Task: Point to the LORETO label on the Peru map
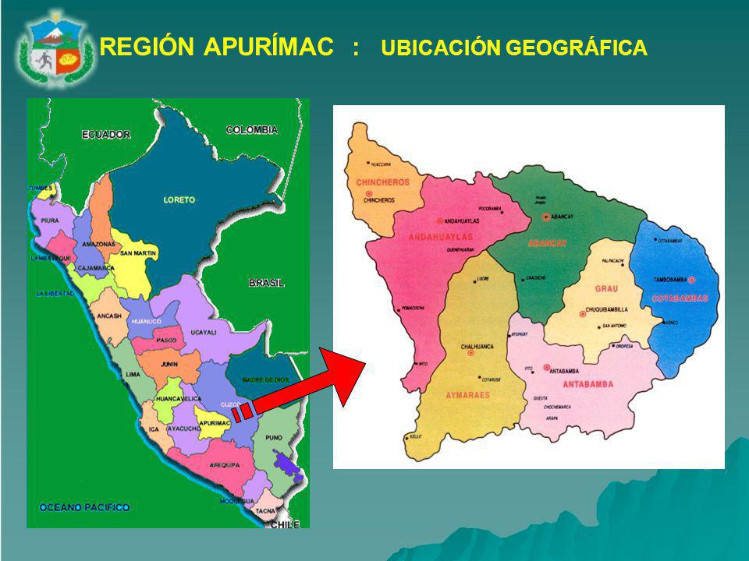pos(179,199)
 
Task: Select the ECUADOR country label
pos(106,135)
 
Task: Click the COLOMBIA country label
pos(252,129)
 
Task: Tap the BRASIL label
pos(267,283)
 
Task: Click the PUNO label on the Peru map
pos(274,438)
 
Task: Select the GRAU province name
pos(605,288)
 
